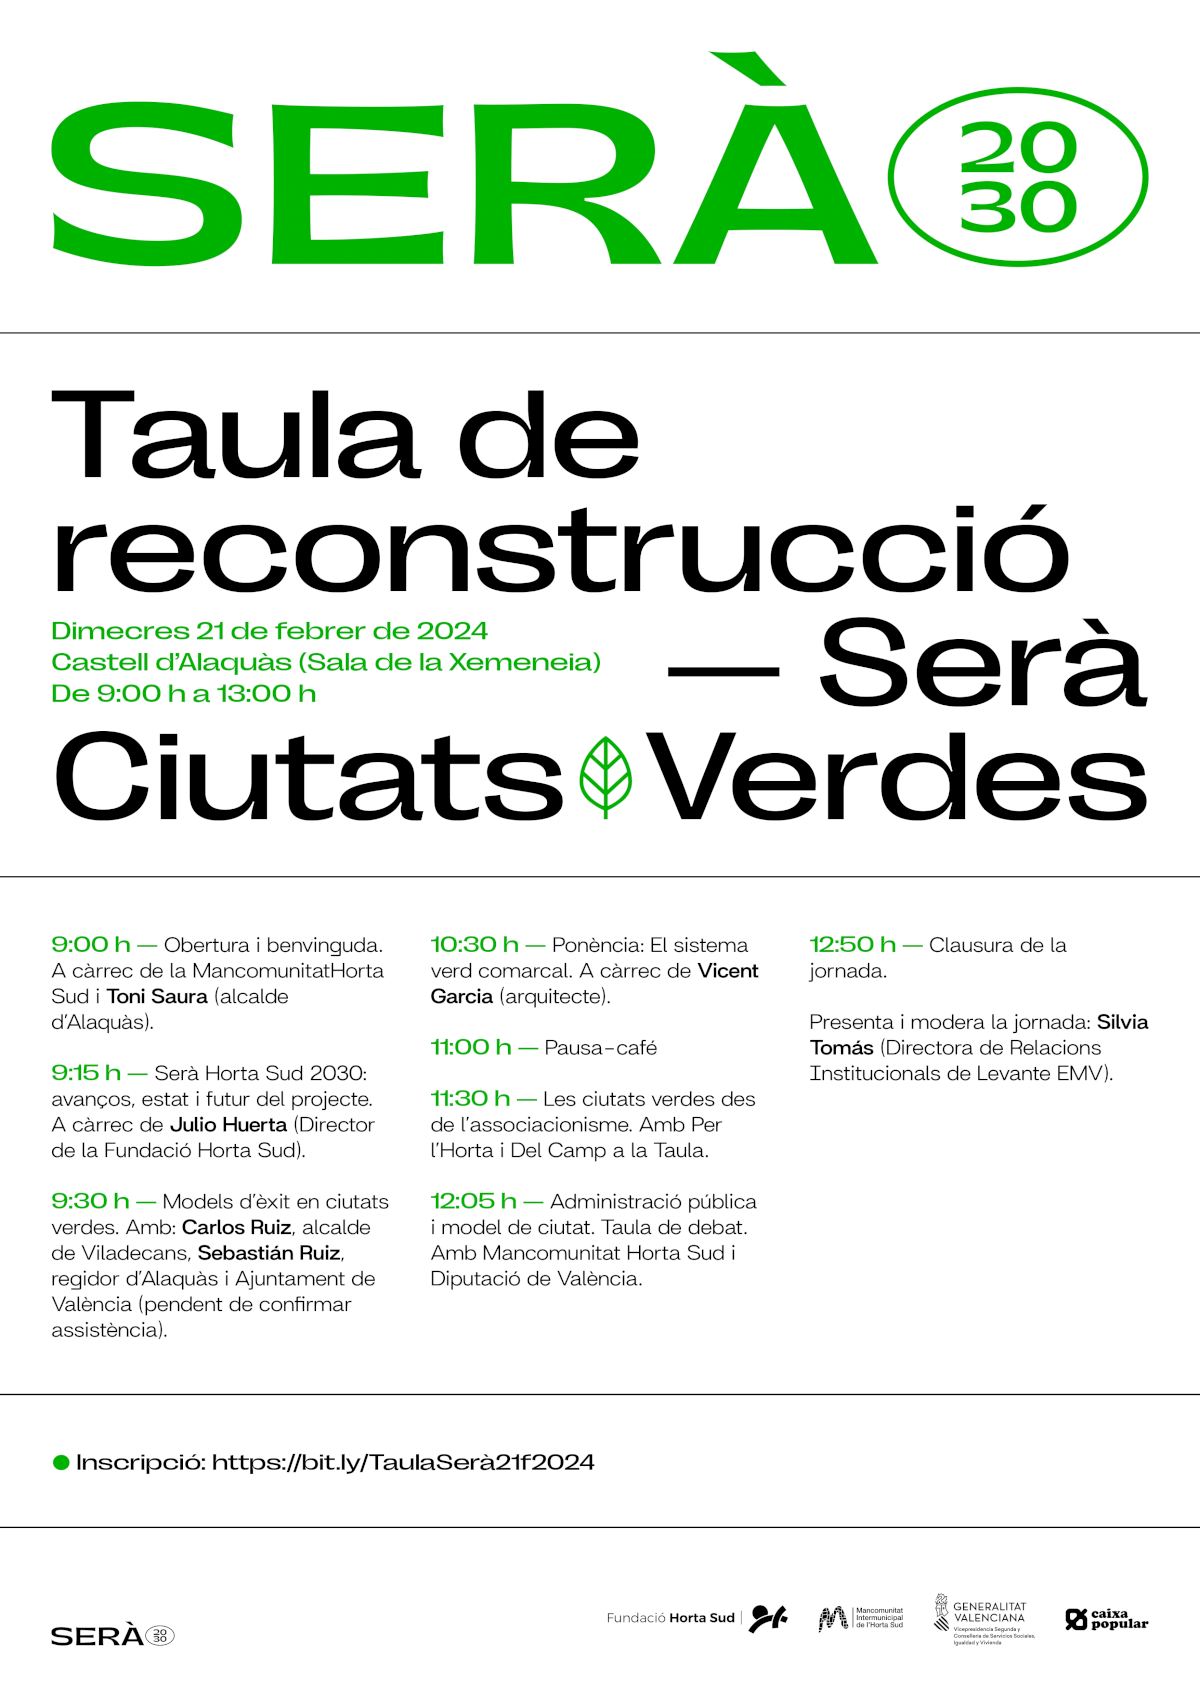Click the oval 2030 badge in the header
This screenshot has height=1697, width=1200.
pos(1017,178)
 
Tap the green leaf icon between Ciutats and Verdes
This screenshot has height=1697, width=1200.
pos(605,777)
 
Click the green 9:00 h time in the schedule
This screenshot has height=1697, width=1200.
pos(91,944)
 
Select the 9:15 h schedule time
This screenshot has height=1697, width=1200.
pos(86,1073)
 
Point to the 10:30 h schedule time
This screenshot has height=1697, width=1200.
pos(474,944)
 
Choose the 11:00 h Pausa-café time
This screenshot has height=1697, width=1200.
pos(470,1047)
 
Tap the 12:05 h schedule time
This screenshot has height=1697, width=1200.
pos(473,1201)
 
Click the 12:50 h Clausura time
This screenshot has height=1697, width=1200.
pos(852,944)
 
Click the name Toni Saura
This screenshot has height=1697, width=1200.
pos(157,996)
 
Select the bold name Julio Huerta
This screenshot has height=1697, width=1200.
pos(228,1124)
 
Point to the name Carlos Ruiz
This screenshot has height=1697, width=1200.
pos(236,1227)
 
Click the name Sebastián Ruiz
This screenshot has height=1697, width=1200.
pos(269,1253)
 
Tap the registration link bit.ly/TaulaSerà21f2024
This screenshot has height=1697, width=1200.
pos(403,1462)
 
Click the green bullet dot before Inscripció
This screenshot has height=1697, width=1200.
pos(61,1462)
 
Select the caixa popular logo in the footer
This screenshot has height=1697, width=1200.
pos(1107,1619)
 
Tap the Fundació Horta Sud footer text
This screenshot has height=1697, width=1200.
pos(670,1618)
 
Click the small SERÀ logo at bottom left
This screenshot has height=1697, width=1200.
pos(112,1636)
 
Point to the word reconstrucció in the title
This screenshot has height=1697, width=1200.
pos(560,550)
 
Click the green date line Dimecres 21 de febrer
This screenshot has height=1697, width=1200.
pos(269,631)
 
